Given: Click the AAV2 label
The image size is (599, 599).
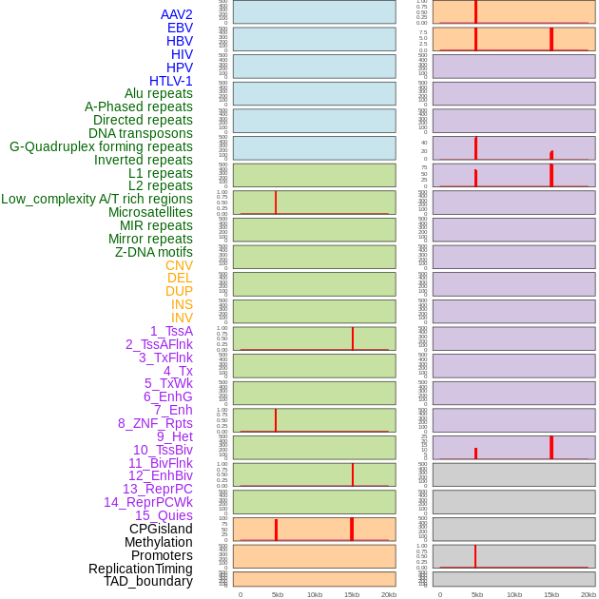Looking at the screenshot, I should coord(176,14).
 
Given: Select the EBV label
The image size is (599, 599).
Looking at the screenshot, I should coord(180,28).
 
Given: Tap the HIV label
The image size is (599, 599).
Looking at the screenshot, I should coord(182,54).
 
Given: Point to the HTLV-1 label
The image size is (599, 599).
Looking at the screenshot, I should coord(171,81).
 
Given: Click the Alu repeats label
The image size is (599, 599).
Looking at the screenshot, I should coord(159,93).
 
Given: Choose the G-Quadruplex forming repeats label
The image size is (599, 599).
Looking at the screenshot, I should coord(101,146).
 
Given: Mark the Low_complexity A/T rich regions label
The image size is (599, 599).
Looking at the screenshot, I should coord(97,199).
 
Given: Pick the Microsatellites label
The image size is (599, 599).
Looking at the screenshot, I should coord(150,212).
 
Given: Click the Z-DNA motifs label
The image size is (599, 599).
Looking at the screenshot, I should coord(154,252).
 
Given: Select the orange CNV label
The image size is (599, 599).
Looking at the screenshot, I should coord(179,265).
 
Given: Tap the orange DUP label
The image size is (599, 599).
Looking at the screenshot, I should coord(179,291).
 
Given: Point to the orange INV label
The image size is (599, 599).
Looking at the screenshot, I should coord(182,318).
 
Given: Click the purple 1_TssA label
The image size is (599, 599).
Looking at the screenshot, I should coord(171,331).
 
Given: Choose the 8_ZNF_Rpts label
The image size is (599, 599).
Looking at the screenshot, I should coord(155,423).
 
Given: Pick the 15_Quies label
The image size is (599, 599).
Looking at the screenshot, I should coord(164,515).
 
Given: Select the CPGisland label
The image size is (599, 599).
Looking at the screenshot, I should coord(161,529).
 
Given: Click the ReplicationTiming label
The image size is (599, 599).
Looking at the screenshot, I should coord(141,569).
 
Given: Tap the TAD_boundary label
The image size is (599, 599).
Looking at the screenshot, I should coord(148,581).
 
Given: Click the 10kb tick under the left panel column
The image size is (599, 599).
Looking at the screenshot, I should coord(315,594).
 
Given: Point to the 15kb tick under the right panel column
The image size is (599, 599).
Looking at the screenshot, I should coord(551,594).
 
